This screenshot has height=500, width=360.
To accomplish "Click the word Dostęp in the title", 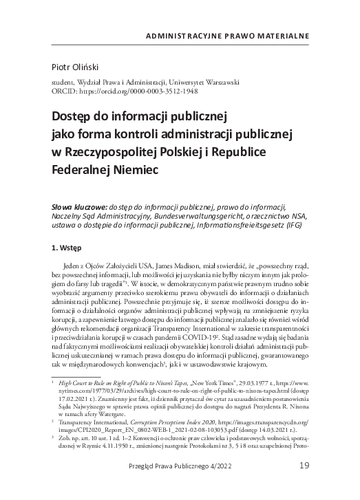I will tap(71, 116).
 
